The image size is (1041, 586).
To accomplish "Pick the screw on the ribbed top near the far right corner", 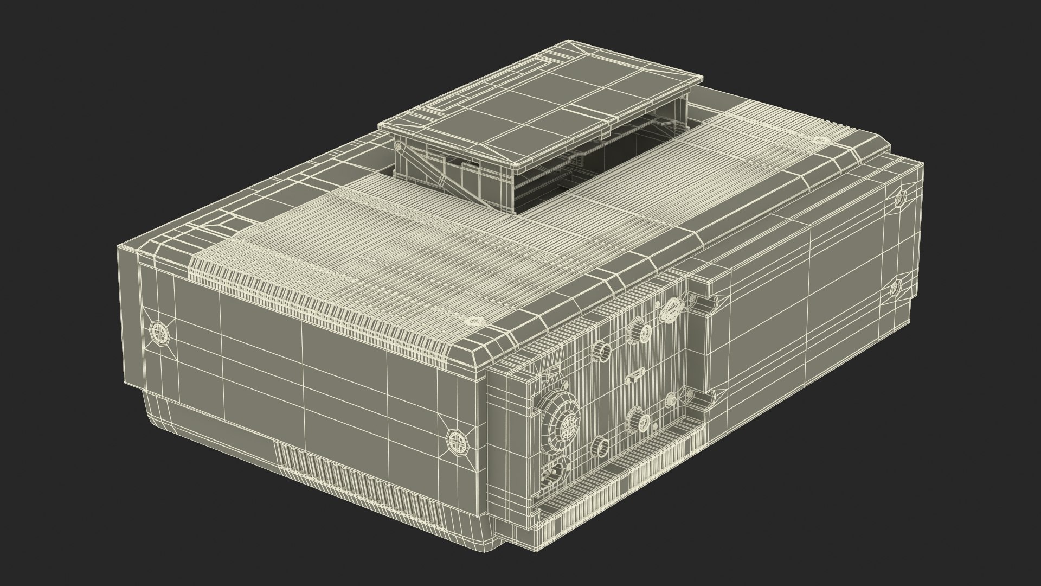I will point(819,141).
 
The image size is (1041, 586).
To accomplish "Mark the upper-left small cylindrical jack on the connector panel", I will point(602,351).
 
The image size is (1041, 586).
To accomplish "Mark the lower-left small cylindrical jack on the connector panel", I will point(601,445).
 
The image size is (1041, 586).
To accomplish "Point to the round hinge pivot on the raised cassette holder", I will point(400,147).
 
